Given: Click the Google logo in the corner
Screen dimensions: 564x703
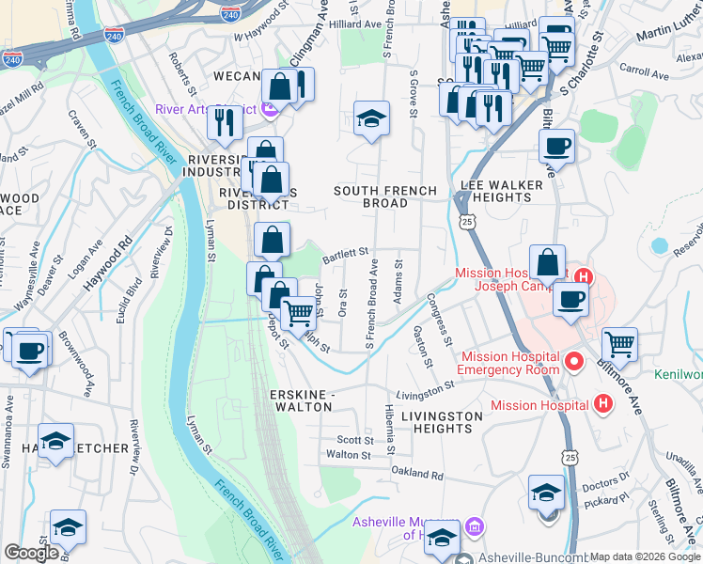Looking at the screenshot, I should point(31,553).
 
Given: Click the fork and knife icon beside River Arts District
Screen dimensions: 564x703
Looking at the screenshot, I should point(224,122).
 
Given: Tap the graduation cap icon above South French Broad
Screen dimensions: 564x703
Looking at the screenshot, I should point(371,118).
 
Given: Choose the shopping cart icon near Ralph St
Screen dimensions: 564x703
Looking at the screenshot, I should point(298,313).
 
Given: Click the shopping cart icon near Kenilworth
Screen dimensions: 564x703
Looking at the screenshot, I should point(619,344).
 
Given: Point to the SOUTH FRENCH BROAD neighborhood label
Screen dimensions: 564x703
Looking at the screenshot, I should point(386,196).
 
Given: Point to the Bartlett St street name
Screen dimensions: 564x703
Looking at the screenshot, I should point(345,253).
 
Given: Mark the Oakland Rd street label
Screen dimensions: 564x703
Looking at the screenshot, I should point(418,475).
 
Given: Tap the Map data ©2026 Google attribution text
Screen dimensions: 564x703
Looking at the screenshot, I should point(645,556).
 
